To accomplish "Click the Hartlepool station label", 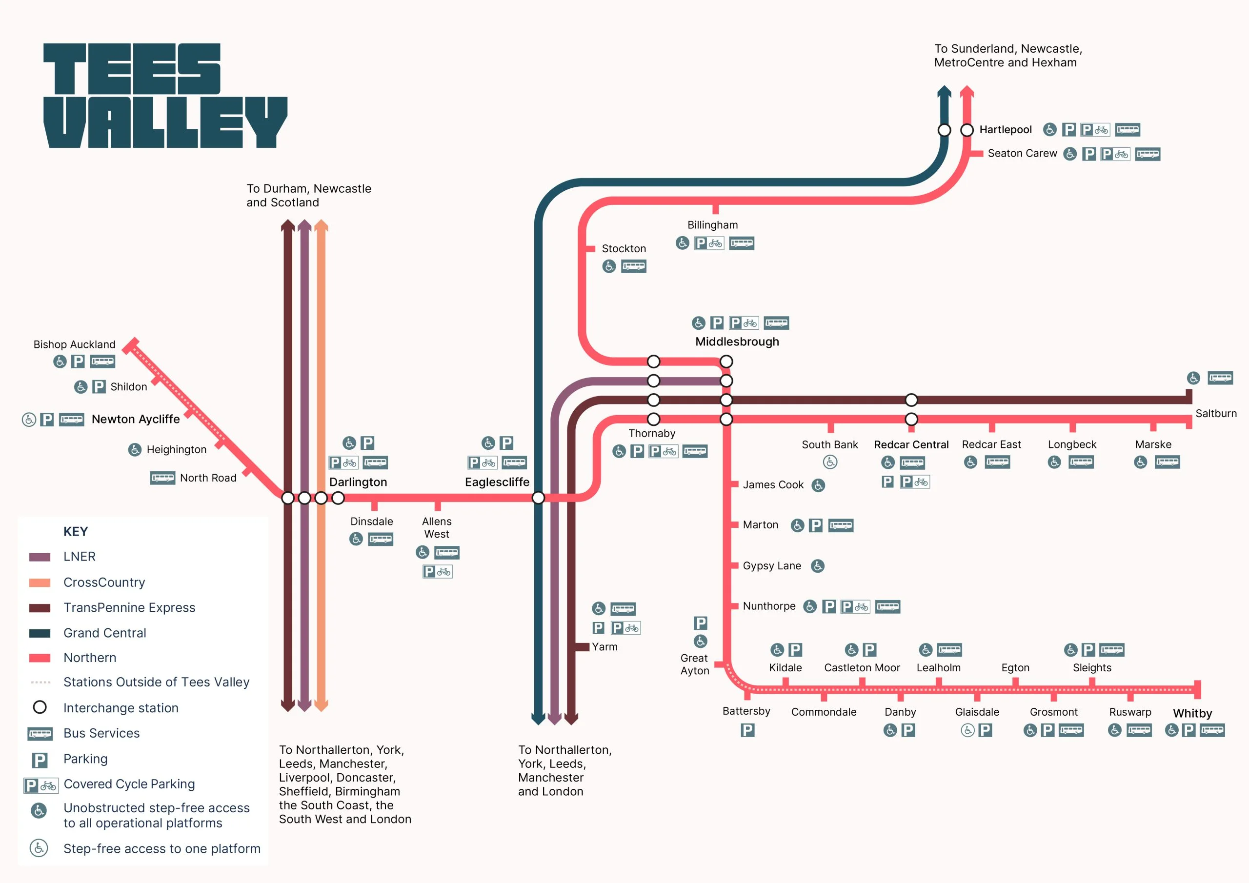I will point(1005,129).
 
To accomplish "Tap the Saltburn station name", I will point(1215,414).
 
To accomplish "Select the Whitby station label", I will point(1192,713).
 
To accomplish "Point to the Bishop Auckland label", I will point(75,344).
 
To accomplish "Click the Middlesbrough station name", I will point(737,341).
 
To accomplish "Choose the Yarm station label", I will point(604,647).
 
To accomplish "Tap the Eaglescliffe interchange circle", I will point(538,498).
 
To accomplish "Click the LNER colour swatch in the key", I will point(40,557).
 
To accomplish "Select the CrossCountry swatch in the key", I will point(40,582).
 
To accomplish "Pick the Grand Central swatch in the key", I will point(40,633).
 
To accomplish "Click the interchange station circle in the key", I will point(40,707).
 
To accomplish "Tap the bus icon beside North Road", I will point(162,478).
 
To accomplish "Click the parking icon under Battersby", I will point(747,730).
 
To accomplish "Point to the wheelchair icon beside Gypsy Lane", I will point(817,566).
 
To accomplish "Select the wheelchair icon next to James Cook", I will point(818,485).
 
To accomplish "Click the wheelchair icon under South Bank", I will point(829,462).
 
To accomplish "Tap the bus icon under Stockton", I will point(634,266).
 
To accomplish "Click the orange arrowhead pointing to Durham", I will point(321,225).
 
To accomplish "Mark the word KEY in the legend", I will point(76,532).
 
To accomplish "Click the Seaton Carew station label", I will point(1022,153).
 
